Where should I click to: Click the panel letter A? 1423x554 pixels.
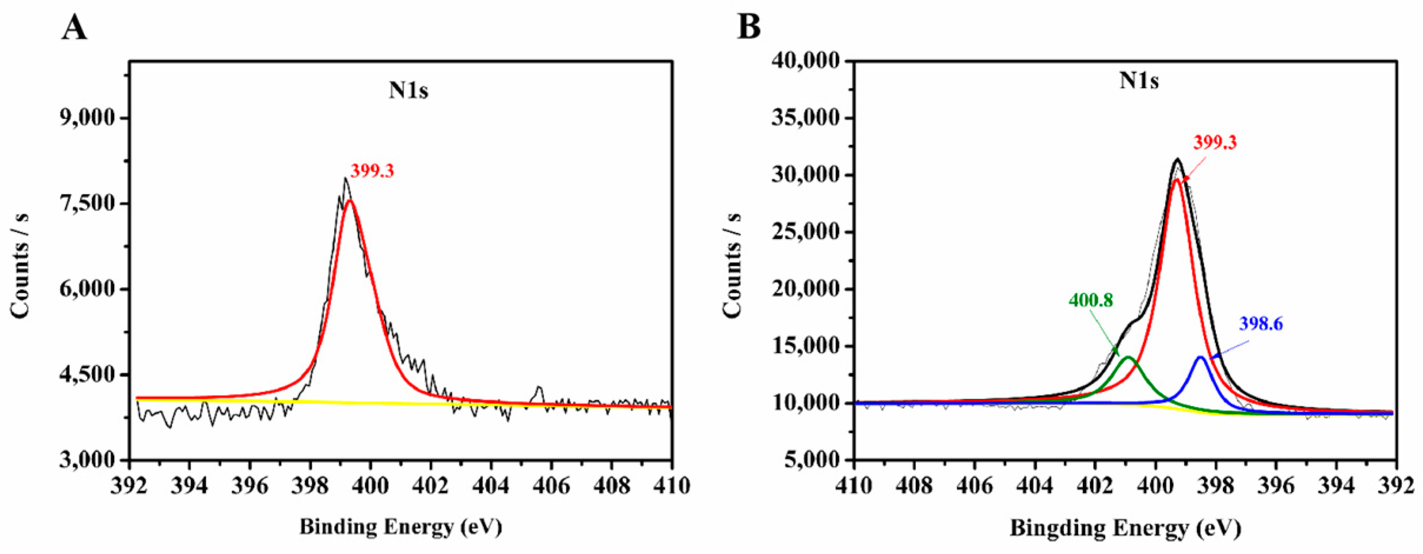pos(74,28)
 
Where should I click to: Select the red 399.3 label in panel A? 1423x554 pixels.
pos(372,171)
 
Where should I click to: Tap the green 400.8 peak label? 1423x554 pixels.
pos(1091,301)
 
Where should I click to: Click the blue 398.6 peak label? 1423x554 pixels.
pos(1261,324)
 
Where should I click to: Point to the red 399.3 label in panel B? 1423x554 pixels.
pos(1215,142)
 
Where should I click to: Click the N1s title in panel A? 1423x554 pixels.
pos(408,91)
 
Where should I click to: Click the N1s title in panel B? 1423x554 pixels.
pos(1139,81)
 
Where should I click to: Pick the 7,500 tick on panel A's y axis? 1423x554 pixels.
pos(88,203)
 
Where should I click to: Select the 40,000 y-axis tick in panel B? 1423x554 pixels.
pos(806,61)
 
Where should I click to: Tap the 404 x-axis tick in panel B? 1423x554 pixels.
pos(1035,486)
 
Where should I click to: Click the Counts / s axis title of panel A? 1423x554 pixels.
pos(19,266)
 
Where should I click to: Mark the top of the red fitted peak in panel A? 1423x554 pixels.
pos(349,201)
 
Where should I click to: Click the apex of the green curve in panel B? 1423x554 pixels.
pos(1128,357)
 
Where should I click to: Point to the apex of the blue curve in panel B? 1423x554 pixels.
pos(1201,357)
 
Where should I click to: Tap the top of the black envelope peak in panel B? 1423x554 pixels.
pos(1177,159)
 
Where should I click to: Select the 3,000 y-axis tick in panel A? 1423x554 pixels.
pos(88,460)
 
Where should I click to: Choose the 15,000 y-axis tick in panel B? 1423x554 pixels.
pos(806,346)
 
